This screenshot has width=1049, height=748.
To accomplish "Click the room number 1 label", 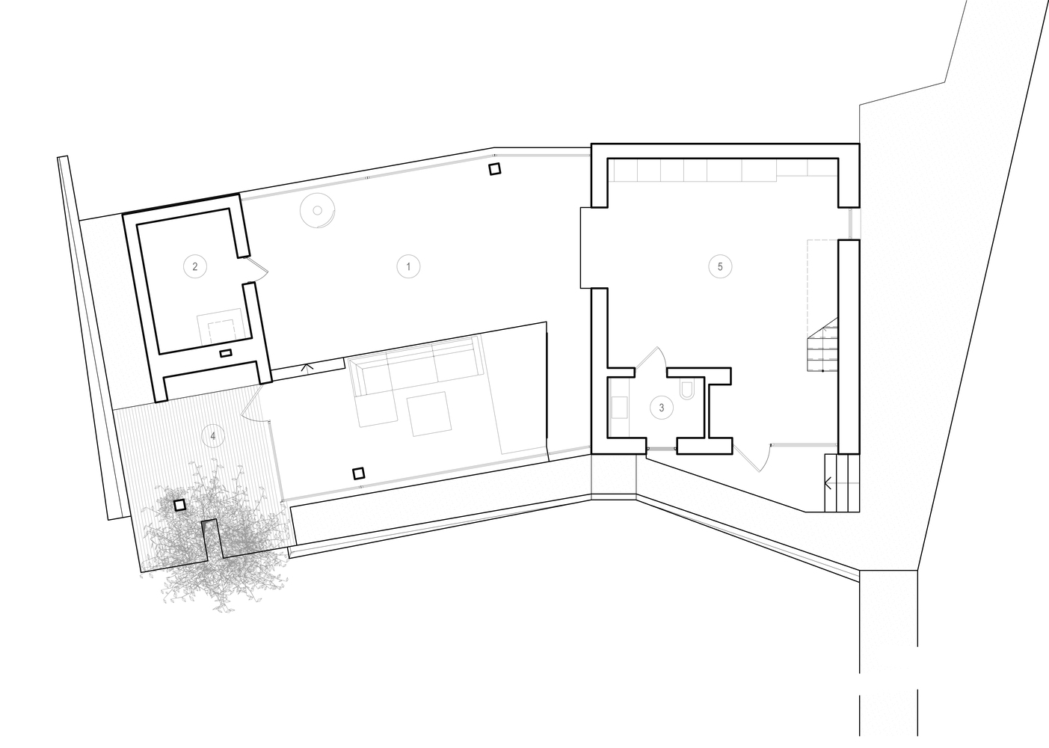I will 408,266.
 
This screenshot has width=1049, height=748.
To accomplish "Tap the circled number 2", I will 194,266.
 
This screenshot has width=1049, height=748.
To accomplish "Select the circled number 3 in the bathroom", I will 661,408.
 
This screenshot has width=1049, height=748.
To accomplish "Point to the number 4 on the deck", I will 214,435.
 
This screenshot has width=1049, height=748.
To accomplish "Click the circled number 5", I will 720,266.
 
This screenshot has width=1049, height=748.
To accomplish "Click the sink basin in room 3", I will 620,407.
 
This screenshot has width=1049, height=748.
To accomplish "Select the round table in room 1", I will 316,209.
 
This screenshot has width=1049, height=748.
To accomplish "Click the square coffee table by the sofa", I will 428,414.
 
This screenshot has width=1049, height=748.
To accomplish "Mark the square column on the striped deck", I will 179,505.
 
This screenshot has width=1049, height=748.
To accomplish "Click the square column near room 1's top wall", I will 493,170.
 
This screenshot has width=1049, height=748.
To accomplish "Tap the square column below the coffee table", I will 359,473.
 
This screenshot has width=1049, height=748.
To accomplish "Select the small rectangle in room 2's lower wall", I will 225,352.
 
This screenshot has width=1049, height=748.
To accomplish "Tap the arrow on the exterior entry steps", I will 827,483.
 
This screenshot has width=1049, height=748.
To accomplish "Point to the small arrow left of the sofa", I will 305,367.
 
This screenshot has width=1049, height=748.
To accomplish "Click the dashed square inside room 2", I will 221,331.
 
